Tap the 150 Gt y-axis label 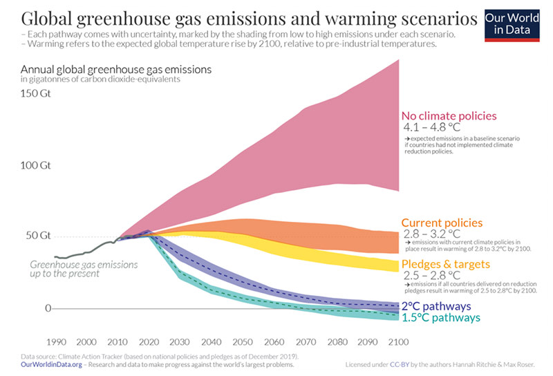[x=37, y=94]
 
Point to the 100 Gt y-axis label [x=37, y=166]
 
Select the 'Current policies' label [x=442, y=223]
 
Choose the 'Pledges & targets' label [x=447, y=264]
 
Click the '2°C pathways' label [x=437, y=305]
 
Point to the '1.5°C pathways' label [x=440, y=318]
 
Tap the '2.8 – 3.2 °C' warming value [x=431, y=234]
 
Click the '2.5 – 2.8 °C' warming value [x=431, y=276]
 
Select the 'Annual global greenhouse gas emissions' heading [x=116, y=69]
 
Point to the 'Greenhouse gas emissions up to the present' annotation [x=84, y=269]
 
